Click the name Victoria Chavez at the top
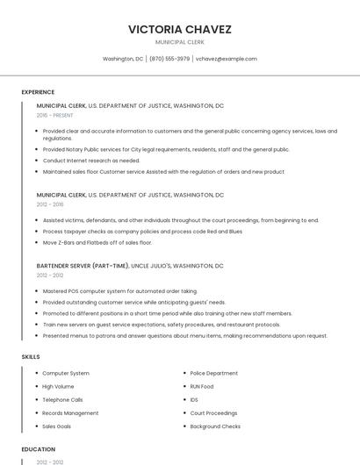click(179, 29)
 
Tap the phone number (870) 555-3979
click(169, 59)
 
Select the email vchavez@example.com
click(227, 59)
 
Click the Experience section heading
click(38, 92)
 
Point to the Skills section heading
click(31, 357)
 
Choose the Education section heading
click(39, 448)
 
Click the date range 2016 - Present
click(55, 115)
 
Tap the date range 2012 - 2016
click(50, 204)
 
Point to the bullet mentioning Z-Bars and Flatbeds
click(97, 242)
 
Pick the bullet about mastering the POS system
click(119, 291)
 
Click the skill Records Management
click(70, 412)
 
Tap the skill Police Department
click(213, 373)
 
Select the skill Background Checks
click(215, 426)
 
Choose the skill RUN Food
click(202, 386)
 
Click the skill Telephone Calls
click(62, 399)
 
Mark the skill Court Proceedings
click(213, 412)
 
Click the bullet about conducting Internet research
click(90, 161)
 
